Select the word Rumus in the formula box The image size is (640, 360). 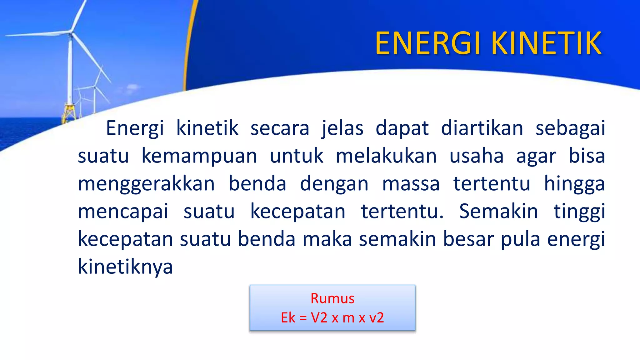click(332, 298)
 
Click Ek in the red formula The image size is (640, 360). click(288, 318)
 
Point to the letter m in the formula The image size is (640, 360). click(348, 318)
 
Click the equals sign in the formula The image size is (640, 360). click(303, 318)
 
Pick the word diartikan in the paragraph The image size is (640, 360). click(482, 128)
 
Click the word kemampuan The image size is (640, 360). click(199, 156)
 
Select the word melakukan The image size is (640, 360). click(386, 156)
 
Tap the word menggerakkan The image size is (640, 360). click(146, 184)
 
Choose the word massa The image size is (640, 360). click(411, 184)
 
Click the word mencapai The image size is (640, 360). click(123, 212)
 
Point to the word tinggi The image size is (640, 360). click(579, 212)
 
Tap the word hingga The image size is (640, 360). click(574, 184)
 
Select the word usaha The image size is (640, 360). click(477, 156)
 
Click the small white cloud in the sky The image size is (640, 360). click(133, 87)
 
